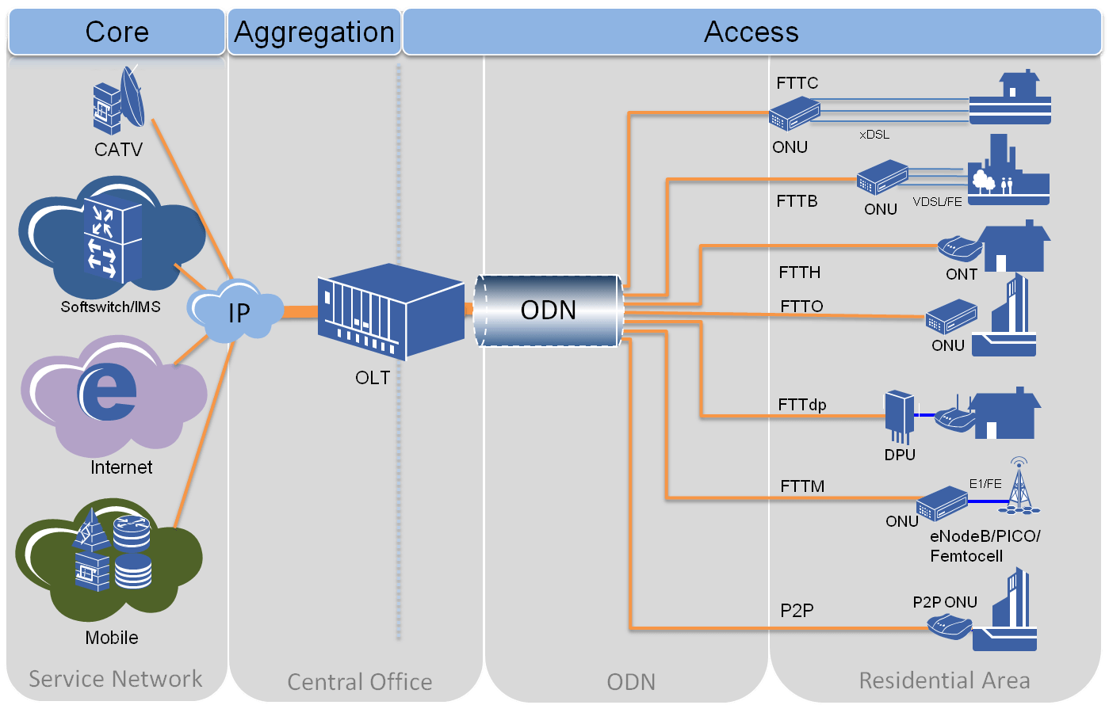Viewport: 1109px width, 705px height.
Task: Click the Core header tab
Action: tap(117, 32)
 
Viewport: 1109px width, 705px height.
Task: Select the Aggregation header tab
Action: tap(315, 32)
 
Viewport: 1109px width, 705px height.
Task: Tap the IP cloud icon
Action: tap(236, 312)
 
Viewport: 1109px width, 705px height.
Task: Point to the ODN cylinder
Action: tap(548, 310)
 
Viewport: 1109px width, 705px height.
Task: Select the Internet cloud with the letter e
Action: tap(111, 393)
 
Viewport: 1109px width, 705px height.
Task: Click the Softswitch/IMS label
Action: tap(110, 307)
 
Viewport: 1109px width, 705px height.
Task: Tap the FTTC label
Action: tap(797, 83)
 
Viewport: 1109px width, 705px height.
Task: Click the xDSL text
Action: tap(874, 135)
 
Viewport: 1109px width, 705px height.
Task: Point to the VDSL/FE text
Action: tap(937, 202)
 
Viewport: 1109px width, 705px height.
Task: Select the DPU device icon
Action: tap(900, 415)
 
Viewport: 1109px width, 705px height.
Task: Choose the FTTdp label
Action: tap(802, 405)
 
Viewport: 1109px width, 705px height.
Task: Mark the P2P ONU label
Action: tap(945, 602)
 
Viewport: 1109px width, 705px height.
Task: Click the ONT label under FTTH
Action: tap(962, 274)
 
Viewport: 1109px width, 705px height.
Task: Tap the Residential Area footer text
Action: tap(944, 680)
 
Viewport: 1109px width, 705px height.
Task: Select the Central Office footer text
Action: tap(359, 682)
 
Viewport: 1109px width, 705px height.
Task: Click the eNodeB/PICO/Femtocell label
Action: tap(985, 546)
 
